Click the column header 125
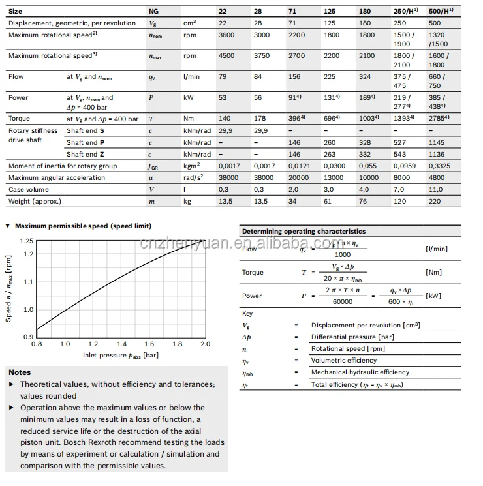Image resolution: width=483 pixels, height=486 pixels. click(330, 12)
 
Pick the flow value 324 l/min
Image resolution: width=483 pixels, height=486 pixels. click(365, 77)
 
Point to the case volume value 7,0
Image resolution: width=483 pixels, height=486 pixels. click(399, 189)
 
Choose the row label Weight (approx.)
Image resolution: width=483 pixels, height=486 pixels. click(35, 201)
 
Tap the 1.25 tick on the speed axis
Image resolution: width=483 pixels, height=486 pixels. click(26, 241)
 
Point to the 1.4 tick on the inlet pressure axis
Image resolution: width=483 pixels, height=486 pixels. click(121, 344)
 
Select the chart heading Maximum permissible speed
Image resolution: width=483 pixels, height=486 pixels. click(83, 226)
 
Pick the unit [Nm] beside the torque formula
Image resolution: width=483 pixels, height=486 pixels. click(433, 272)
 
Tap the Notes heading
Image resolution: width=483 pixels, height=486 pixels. click(20, 372)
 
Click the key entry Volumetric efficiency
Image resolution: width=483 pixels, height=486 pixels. click(344, 360)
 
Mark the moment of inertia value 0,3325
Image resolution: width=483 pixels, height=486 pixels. click(437, 166)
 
